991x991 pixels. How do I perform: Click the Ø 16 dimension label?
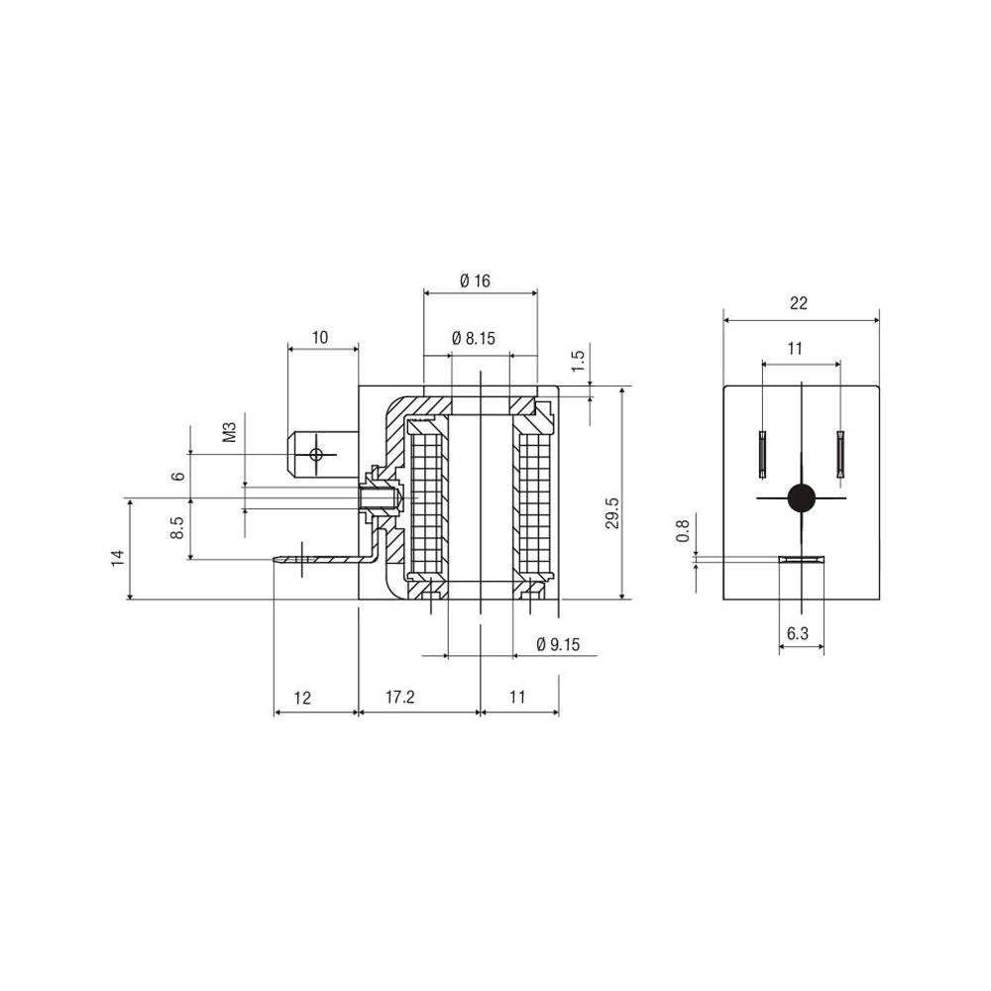476,280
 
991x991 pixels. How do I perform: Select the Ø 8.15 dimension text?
474,339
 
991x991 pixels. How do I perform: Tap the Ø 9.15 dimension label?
557,645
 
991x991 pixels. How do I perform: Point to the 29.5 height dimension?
611,512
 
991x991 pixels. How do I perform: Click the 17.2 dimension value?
400,697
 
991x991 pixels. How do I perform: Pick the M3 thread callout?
230,432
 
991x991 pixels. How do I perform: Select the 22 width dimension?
799,303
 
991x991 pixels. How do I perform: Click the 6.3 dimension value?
798,633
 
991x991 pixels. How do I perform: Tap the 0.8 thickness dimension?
683,531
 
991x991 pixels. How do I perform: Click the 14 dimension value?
118,557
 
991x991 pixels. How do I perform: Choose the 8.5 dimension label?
178,527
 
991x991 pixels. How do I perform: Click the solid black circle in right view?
802,497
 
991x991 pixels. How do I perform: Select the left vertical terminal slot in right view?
762,454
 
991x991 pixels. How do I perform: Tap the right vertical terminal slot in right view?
840,454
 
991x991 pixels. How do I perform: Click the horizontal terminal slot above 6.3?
802,559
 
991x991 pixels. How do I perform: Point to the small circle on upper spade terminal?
316,454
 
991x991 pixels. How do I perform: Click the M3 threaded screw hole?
379,498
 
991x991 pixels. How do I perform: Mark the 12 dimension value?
302,698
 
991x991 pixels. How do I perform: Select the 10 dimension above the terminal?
320,338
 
